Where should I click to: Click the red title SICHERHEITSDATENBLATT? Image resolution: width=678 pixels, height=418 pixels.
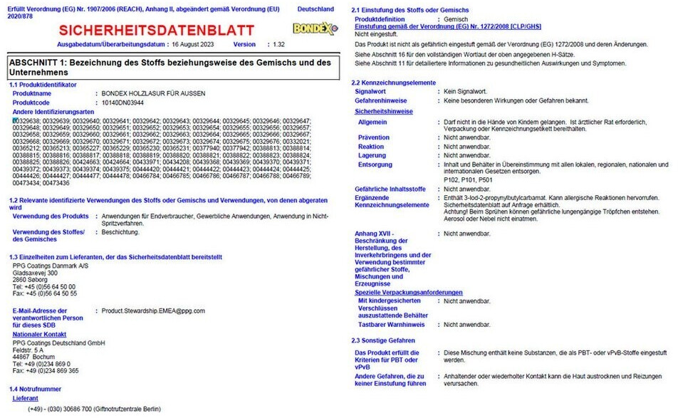(x=156, y=30)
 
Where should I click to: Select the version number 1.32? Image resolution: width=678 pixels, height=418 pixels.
(x=278, y=44)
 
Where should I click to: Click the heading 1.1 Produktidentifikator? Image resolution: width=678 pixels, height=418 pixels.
(x=43, y=85)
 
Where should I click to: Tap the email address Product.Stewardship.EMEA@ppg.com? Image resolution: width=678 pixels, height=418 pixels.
(x=153, y=310)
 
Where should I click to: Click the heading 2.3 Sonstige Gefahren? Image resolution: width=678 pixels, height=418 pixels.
(x=385, y=340)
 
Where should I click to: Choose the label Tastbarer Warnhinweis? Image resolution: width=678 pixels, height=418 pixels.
(x=391, y=324)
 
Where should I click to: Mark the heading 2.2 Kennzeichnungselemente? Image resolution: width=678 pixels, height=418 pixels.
(x=395, y=83)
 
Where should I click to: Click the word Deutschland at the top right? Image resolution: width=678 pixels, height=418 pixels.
(x=315, y=9)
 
